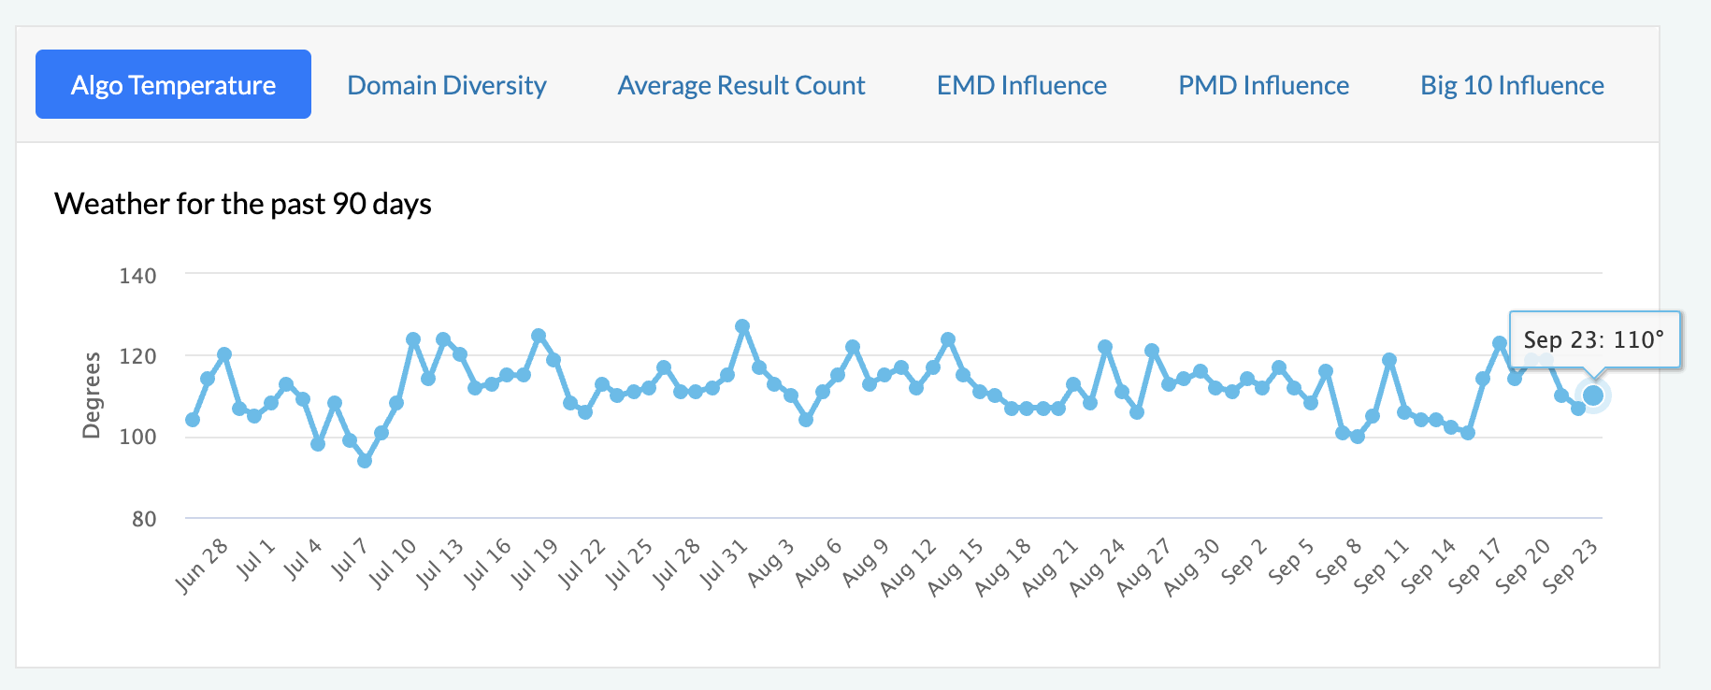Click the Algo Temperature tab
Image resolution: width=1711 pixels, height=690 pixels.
pos(173,85)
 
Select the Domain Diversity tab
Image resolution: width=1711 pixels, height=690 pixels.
pos(447,85)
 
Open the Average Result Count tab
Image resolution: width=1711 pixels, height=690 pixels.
pos(741,85)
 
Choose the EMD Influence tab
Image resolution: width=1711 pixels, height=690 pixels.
pos(1022,85)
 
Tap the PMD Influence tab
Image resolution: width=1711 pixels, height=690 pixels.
pos(1263,85)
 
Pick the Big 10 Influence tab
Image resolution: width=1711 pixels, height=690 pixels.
pos(1512,85)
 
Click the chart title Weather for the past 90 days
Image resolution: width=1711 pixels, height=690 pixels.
pos(243,204)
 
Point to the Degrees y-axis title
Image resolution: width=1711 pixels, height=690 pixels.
pos(92,395)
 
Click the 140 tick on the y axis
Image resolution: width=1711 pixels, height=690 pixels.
pos(137,276)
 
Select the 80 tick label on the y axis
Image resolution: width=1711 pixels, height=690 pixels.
pos(144,519)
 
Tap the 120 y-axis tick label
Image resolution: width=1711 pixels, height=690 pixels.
pos(137,356)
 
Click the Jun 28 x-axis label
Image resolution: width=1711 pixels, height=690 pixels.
pos(202,566)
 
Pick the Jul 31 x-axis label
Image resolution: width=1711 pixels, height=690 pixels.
pos(725,564)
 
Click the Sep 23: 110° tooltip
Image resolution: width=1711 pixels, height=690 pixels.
pos(1594,339)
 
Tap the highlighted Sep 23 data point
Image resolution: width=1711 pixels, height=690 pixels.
pos(1593,395)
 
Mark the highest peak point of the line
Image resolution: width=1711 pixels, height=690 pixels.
pos(742,327)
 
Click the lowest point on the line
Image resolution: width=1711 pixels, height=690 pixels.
pos(365,461)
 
